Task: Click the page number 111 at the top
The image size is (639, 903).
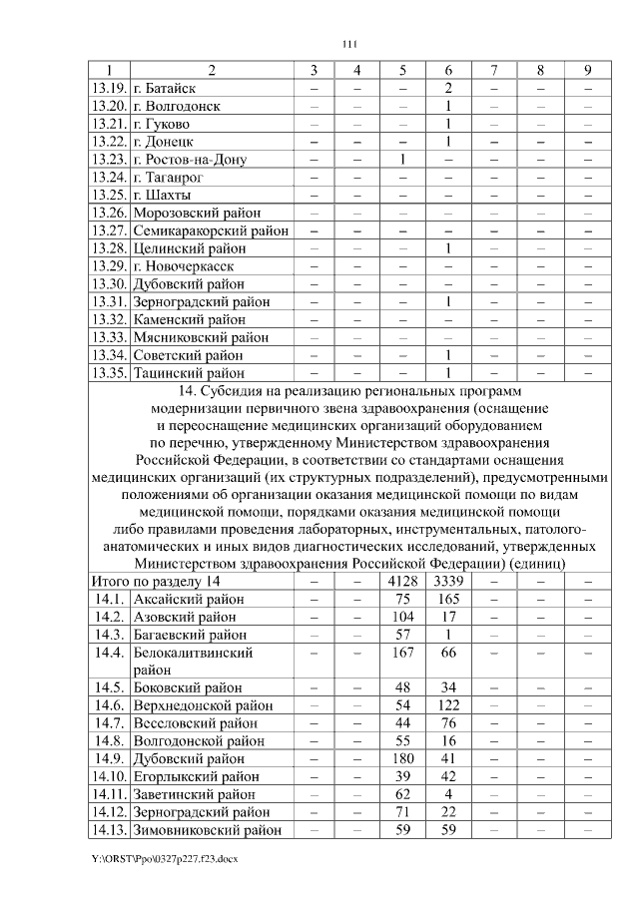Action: click(x=348, y=44)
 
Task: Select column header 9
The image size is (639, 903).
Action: click(x=587, y=70)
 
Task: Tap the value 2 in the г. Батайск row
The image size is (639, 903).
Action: click(x=449, y=88)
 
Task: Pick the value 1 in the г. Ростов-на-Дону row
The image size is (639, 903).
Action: click(x=402, y=160)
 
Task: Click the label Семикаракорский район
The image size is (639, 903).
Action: click(x=211, y=230)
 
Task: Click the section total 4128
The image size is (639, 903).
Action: click(x=402, y=582)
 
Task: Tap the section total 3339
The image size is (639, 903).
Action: click(x=449, y=582)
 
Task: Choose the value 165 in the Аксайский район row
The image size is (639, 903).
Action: click(x=449, y=600)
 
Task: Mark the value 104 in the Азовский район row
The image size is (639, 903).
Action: click(x=402, y=618)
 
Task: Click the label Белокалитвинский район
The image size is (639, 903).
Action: click(x=192, y=661)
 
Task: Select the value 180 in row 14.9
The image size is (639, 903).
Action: click(x=402, y=758)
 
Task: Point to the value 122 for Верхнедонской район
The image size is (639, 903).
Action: click(x=449, y=704)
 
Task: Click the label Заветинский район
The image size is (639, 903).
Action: click(x=194, y=794)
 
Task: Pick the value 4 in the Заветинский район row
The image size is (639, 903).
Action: click(x=449, y=794)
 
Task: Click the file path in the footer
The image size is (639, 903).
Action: click(x=165, y=857)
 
